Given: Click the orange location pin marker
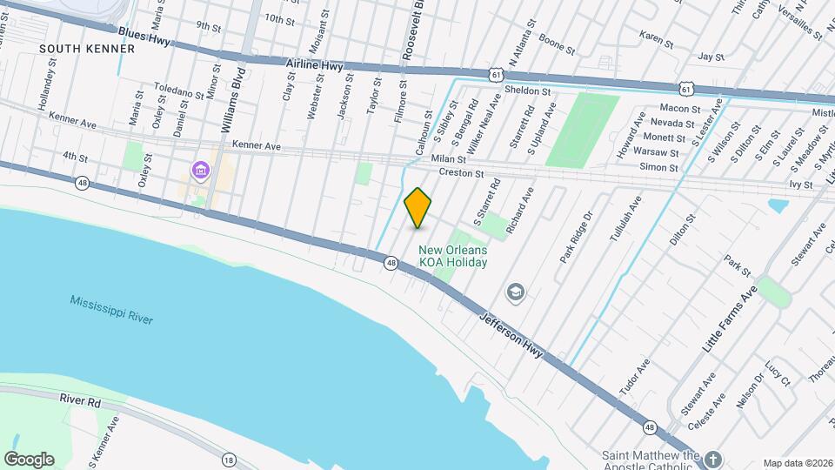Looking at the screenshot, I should point(418,207).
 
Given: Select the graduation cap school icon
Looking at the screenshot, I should point(515,291).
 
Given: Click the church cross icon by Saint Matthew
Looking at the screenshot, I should point(712,458).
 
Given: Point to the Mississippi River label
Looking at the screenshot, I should point(111,310).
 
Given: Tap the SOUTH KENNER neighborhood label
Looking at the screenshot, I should point(87,49).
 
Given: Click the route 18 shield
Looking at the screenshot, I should point(229,460).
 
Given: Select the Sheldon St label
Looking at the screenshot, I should point(528,91).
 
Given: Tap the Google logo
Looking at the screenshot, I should point(29,460).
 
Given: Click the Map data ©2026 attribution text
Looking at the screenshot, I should point(798,463).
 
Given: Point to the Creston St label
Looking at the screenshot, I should point(461,173).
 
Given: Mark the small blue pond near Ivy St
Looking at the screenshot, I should point(778,206).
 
